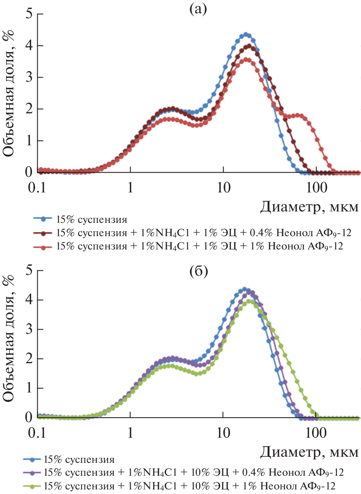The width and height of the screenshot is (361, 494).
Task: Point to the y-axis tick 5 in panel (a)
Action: pyautogui.click(x=29, y=14)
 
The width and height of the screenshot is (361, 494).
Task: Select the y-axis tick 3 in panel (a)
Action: pyautogui.click(x=29, y=78)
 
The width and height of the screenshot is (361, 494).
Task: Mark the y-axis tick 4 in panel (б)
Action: pyautogui.click(x=29, y=300)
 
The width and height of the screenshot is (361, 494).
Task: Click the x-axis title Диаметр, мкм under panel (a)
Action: pyautogui.click(x=309, y=207)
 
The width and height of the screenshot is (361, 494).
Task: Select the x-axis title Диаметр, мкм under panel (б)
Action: pyautogui.click(x=309, y=452)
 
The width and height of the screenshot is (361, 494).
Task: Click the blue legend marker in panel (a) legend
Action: pyautogui.click(x=43, y=219)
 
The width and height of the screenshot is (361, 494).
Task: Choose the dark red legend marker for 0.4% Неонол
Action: pyautogui.click(x=43, y=232)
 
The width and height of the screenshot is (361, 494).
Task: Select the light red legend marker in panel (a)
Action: pyautogui.click(x=43, y=246)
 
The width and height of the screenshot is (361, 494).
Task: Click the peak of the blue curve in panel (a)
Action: pyautogui.click(x=246, y=35)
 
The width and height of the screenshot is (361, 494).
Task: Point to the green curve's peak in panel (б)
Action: pyautogui.click(x=250, y=301)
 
